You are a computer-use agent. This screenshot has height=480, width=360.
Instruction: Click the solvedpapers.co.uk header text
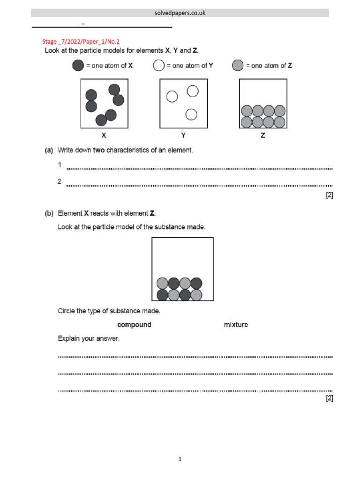click(x=180, y=13)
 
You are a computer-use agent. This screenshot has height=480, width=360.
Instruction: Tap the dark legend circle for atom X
click(x=78, y=66)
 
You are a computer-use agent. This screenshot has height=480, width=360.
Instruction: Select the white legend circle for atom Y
click(x=158, y=66)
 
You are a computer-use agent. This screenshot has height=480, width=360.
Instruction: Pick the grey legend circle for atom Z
click(x=238, y=66)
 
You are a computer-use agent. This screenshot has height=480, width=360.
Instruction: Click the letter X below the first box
click(x=104, y=135)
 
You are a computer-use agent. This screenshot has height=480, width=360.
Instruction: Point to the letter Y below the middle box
click(x=183, y=135)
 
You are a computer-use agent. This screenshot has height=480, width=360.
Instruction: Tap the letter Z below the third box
click(x=263, y=135)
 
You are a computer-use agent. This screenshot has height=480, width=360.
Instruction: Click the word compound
click(x=134, y=324)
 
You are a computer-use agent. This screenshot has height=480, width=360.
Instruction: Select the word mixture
click(x=236, y=324)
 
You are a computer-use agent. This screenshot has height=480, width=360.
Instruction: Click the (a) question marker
click(x=49, y=150)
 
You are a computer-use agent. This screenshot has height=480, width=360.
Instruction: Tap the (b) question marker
click(x=49, y=213)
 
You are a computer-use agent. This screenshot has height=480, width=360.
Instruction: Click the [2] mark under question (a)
click(x=330, y=195)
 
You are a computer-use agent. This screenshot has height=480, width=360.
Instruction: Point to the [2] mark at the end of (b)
click(x=330, y=398)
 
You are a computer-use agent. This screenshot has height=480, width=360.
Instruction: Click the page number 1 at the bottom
click(x=180, y=459)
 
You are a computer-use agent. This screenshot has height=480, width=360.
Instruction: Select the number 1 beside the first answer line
click(x=60, y=165)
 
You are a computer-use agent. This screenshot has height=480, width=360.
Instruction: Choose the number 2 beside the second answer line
click(x=60, y=181)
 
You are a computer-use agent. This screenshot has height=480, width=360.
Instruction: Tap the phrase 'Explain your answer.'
click(x=88, y=338)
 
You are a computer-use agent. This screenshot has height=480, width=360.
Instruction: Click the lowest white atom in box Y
click(x=191, y=114)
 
